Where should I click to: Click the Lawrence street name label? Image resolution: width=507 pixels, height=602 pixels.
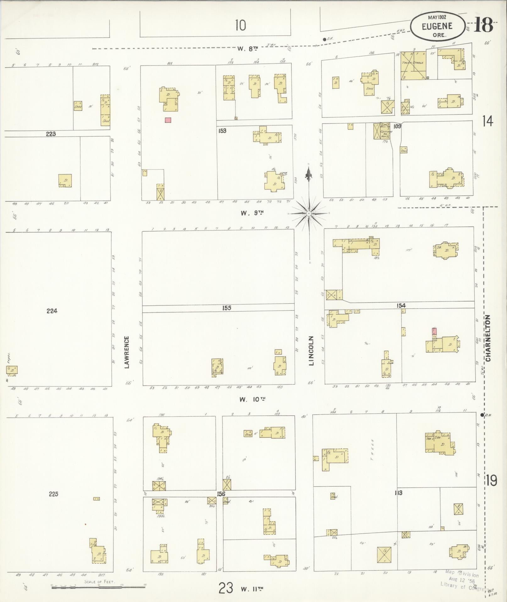point(127,352)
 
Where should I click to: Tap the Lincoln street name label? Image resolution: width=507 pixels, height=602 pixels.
point(311,351)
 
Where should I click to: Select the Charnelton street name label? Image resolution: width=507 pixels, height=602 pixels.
point(488,338)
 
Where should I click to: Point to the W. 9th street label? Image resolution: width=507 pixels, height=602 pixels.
point(252,213)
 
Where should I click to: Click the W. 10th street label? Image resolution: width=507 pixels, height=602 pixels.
point(252,399)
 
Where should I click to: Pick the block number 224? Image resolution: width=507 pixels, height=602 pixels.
point(52,311)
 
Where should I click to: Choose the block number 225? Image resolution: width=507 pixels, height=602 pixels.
point(53,494)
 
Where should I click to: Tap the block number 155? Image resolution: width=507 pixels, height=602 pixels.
point(227,308)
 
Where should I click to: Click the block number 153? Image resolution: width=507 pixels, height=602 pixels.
point(222,131)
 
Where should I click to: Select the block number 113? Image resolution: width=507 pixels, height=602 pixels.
point(399,493)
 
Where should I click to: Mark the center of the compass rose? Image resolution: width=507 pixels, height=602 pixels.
point(309,214)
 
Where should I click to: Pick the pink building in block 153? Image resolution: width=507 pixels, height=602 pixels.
point(168,120)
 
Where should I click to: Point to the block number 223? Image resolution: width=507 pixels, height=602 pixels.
point(51,134)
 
